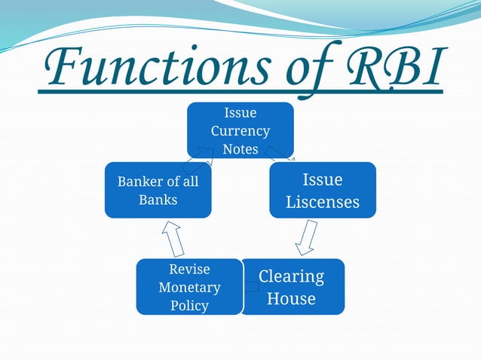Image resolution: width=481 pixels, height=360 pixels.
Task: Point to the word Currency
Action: (240, 130)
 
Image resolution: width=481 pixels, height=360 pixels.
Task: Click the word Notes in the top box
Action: (240, 148)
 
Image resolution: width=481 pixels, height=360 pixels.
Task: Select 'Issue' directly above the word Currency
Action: (240, 113)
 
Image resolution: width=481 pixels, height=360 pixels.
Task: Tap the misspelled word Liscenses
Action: (322, 202)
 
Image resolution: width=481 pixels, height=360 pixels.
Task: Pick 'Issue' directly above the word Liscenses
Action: (322, 179)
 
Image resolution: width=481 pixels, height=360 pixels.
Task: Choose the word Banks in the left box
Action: (158, 200)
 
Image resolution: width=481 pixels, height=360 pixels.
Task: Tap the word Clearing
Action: (291, 276)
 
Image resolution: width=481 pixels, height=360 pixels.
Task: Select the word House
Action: (291, 298)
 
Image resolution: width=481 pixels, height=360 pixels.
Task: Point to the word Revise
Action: (189, 269)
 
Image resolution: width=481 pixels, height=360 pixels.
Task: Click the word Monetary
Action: (189, 287)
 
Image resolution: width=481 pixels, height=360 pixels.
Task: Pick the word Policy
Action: (189, 305)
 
